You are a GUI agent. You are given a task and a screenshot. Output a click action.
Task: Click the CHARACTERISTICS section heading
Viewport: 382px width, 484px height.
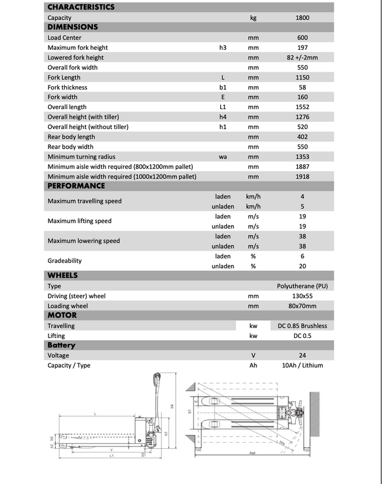[x=81, y=7]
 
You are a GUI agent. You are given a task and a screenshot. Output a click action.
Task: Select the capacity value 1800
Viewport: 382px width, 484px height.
[x=303, y=18]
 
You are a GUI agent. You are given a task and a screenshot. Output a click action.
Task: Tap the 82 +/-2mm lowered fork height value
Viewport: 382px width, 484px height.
[x=303, y=57]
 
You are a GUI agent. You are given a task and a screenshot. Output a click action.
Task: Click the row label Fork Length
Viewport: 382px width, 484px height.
[x=64, y=77]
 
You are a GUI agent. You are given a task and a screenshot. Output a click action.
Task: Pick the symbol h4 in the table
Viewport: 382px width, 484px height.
[x=223, y=116]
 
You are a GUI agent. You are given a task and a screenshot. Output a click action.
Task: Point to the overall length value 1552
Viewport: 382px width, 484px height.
[x=303, y=107]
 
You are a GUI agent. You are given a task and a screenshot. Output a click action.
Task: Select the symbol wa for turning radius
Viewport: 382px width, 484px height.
[x=223, y=156]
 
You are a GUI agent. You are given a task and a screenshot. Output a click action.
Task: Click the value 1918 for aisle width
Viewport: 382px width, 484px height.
[x=303, y=176]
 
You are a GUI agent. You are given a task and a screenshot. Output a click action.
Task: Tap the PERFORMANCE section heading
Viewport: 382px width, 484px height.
[x=76, y=186]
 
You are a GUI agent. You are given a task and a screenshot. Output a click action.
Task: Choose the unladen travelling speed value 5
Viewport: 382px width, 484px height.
[x=303, y=206]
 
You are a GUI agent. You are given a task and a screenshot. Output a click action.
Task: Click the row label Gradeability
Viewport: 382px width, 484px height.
[x=65, y=261]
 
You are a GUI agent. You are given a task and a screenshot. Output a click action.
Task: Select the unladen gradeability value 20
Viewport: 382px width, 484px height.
[x=303, y=266]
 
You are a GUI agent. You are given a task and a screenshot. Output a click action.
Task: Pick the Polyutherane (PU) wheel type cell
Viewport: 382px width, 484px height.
[x=303, y=286]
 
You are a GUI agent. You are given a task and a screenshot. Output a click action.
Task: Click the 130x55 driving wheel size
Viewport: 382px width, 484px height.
[x=303, y=296]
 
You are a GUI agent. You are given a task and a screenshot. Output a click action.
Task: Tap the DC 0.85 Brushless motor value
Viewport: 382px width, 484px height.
[x=303, y=326]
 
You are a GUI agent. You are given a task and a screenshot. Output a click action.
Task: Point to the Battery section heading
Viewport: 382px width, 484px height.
[x=61, y=345]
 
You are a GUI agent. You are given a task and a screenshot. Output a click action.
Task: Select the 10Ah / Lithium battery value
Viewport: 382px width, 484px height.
[x=303, y=365]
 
